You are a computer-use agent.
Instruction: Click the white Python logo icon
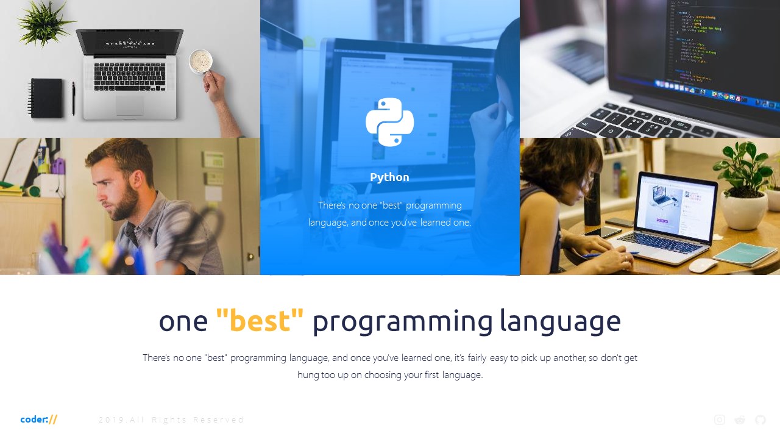click(390, 122)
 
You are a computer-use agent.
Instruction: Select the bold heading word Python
click(389, 177)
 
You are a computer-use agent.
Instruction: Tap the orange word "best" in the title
click(260, 321)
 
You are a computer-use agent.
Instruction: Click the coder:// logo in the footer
click(39, 419)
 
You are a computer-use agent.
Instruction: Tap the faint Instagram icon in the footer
click(720, 419)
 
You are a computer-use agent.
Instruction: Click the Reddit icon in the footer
click(740, 419)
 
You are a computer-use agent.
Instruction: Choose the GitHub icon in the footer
click(760, 419)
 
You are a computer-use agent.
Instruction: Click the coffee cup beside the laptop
click(200, 61)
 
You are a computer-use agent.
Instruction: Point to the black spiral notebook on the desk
click(47, 98)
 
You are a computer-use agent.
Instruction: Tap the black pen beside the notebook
click(74, 99)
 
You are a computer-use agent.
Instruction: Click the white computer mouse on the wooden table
click(703, 265)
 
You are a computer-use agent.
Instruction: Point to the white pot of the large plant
click(743, 209)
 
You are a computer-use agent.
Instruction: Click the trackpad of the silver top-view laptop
click(130, 105)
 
